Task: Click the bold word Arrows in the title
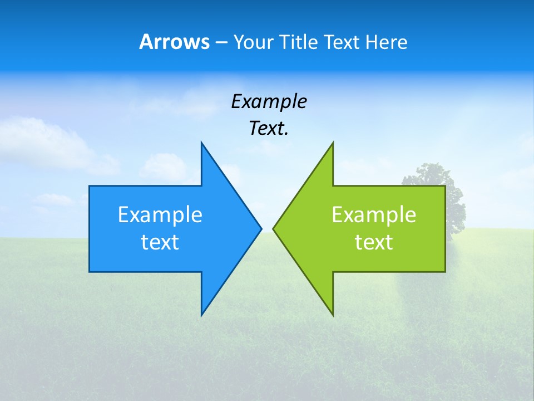[174, 42]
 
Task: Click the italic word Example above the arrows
[269, 101]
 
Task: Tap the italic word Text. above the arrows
[269, 128]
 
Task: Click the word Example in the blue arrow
[160, 214]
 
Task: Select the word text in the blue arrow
[160, 242]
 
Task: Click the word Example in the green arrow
[374, 214]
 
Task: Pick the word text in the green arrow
[374, 242]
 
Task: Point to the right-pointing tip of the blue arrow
[261, 228]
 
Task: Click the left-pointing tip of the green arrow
[273, 228]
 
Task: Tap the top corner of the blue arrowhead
[201, 143]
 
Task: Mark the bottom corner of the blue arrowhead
[201, 315]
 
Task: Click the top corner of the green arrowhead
[333, 143]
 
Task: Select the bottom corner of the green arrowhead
[333, 315]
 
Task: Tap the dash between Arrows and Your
[221, 43]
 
